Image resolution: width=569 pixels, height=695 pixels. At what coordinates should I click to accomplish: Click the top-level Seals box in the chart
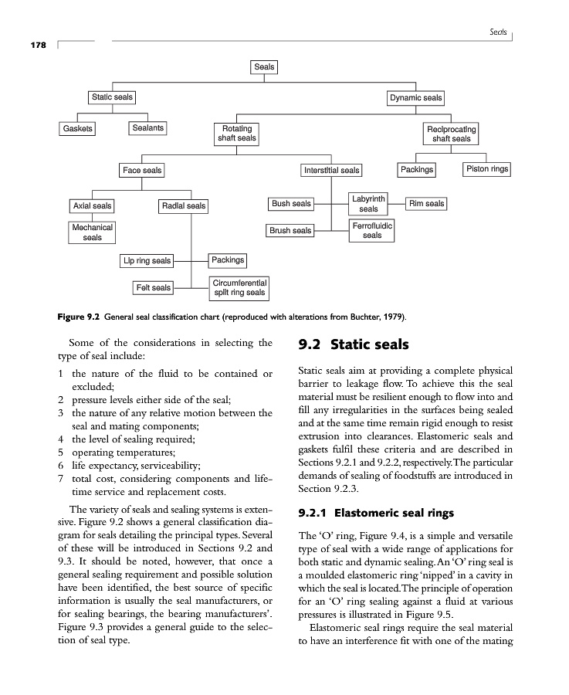[x=264, y=67]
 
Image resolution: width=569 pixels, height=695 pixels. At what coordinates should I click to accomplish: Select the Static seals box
[x=112, y=97]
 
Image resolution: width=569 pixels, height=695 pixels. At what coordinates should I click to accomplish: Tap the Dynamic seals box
[x=415, y=98]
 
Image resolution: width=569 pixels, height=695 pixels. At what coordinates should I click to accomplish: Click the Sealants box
[x=147, y=128]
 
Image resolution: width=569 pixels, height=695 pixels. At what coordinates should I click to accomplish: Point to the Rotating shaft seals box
[x=236, y=134]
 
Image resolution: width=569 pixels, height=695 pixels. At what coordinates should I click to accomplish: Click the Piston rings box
[x=487, y=168]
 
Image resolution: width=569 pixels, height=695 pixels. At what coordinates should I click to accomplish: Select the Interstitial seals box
[x=331, y=170]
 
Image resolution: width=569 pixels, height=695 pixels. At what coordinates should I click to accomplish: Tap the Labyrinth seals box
[x=368, y=204]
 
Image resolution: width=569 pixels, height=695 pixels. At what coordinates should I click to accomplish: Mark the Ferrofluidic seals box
[x=371, y=230]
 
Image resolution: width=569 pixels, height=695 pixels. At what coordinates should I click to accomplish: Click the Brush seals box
[x=290, y=230]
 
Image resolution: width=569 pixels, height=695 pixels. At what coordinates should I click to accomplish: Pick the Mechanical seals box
[x=92, y=232]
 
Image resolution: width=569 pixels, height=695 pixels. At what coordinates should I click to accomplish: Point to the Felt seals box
[x=153, y=288]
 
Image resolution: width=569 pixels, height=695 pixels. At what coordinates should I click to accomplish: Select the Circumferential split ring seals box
[x=239, y=288]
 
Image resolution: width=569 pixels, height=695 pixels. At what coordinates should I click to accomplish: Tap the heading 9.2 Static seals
[x=354, y=344]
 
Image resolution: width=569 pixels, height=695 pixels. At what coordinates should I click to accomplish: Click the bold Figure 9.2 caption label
[x=80, y=317]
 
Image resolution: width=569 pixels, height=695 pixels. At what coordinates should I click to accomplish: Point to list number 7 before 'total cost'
[x=61, y=479]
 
